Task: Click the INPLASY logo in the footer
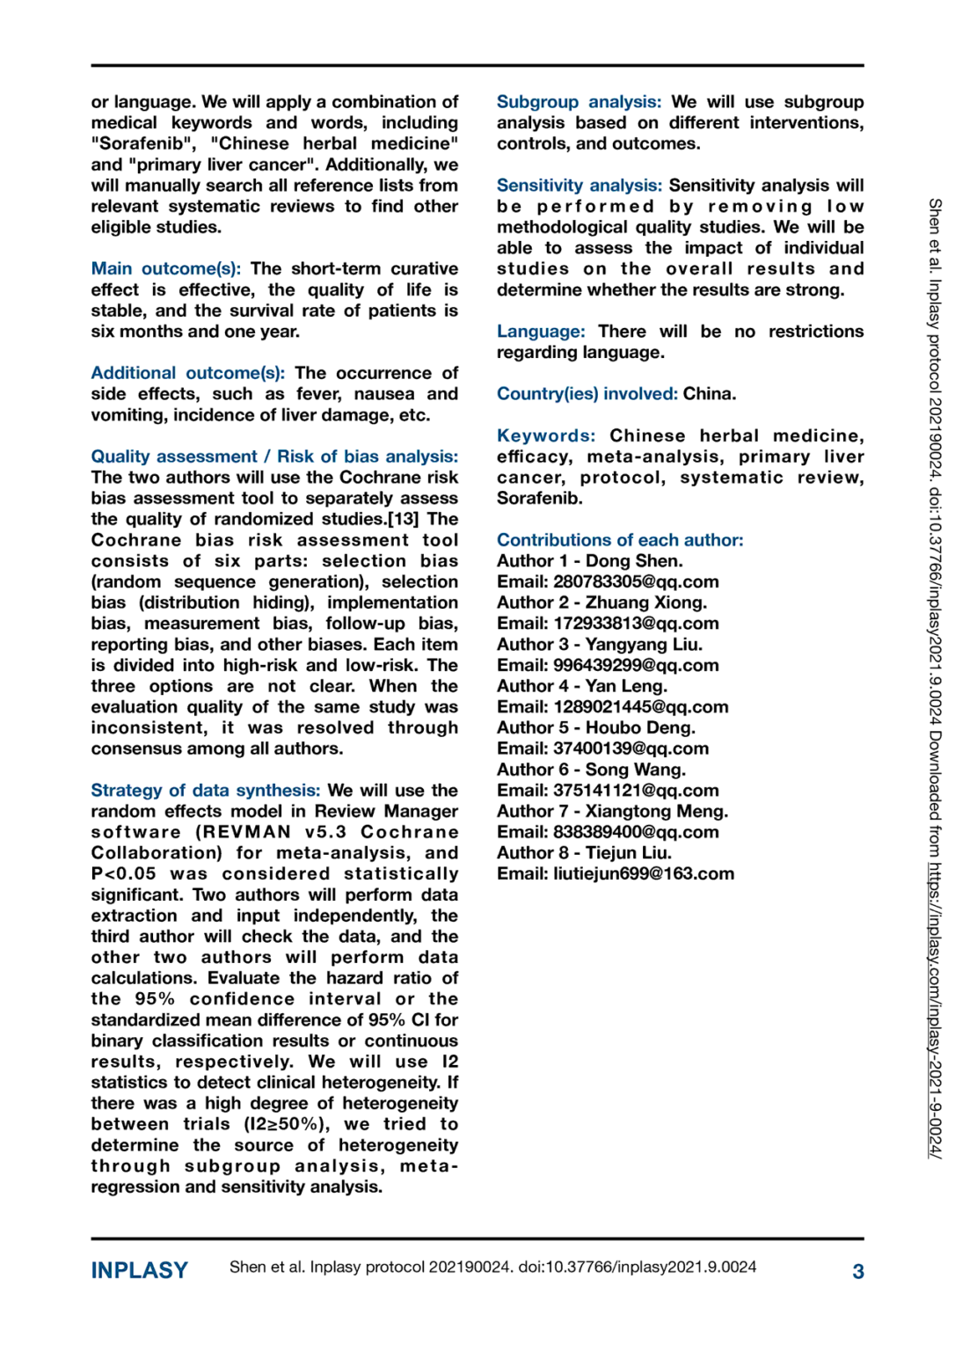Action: [139, 1270]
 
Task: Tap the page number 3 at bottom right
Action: [857, 1271]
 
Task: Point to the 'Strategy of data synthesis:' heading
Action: [205, 791]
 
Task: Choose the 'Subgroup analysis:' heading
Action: [579, 102]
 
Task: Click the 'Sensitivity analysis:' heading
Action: [579, 186]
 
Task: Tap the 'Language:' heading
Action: [540, 332]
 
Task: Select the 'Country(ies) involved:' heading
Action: [587, 394]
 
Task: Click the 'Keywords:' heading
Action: [545, 436]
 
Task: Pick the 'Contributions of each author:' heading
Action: [620, 540]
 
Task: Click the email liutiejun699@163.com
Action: [643, 874]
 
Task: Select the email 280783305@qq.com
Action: [636, 582]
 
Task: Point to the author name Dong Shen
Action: [634, 561]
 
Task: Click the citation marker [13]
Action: [405, 519]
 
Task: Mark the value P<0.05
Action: [123, 874]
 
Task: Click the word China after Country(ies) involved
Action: [709, 394]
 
